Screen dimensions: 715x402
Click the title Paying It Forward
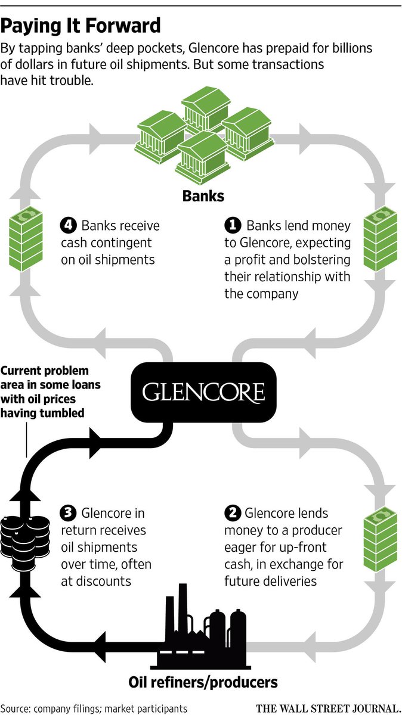[x=81, y=26]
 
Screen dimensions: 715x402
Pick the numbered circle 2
[x=232, y=513]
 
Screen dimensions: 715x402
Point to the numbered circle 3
[x=69, y=513]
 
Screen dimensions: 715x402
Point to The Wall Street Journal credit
[x=327, y=708]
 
